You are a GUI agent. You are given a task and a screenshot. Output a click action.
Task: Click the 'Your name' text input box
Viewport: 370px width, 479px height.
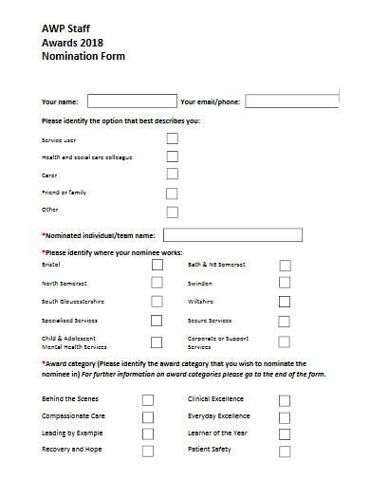tap(132, 101)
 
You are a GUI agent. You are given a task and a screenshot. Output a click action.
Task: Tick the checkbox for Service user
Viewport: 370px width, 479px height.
tap(172, 138)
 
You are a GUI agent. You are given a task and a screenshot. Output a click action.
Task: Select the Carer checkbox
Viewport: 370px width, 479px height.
tap(172, 175)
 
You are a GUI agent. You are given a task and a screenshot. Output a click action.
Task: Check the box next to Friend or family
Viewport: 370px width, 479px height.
tap(172, 193)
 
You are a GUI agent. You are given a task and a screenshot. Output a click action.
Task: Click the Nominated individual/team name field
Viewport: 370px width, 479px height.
tap(232, 234)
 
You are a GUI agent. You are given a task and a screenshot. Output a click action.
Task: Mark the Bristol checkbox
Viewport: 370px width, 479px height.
tap(157, 266)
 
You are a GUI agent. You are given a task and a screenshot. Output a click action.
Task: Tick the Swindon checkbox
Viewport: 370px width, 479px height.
tap(285, 284)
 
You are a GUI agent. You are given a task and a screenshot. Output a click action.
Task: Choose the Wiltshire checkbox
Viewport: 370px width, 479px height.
tap(285, 302)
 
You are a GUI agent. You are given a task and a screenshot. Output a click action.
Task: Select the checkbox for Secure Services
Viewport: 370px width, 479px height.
tap(285, 322)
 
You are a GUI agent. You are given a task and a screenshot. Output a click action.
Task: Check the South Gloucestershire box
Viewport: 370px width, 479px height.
tap(157, 303)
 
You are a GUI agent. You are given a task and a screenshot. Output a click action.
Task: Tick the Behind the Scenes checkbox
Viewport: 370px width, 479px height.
tap(147, 400)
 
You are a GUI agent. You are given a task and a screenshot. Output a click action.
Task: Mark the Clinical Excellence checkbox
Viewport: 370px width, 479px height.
tap(285, 400)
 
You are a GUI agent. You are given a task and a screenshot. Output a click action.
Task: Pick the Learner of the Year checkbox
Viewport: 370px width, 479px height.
tap(285, 433)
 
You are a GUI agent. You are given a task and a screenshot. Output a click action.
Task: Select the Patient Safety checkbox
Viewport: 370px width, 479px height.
tap(285, 451)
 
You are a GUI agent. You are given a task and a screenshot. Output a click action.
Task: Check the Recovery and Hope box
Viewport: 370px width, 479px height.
tap(147, 451)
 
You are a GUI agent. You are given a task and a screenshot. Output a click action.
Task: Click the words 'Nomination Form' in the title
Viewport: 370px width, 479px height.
tap(83, 57)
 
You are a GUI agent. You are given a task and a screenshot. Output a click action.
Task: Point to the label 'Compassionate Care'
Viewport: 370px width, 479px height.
tap(73, 416)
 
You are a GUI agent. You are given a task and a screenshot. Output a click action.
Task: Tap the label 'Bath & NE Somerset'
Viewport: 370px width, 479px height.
tap(217, 265)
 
